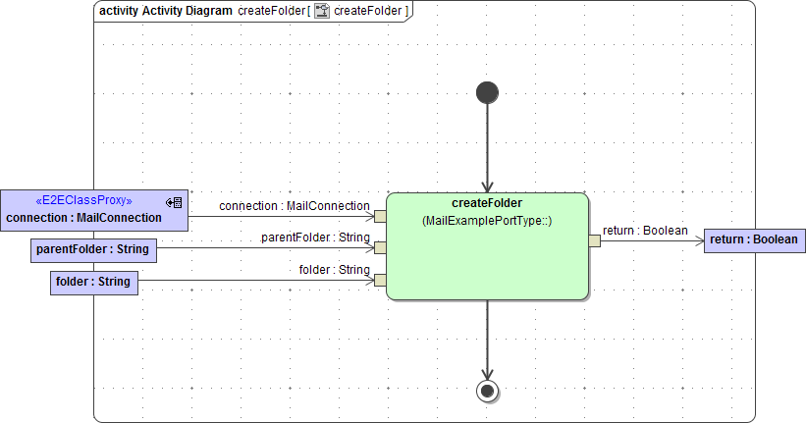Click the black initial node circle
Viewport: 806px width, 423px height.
[487, 92]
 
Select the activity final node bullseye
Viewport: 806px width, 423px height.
[487, 391]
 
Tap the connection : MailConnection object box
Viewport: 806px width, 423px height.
[93, 209]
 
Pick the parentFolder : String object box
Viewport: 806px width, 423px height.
[92, 249]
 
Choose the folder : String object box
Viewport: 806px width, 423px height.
[93, 283]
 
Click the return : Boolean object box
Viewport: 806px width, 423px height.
[753, 239]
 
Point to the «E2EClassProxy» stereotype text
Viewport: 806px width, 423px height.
[83, 200]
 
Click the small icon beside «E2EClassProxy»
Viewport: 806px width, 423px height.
[174, 202]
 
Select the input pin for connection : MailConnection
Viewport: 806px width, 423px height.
[380, 216]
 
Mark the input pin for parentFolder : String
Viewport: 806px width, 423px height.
[380, 248]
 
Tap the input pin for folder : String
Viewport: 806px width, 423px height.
[380, 281]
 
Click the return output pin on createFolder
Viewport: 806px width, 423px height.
[594, 240]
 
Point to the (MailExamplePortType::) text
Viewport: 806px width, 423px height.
[487, 221]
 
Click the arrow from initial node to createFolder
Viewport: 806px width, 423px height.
[487, 147]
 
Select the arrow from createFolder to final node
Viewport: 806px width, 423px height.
[487, 339]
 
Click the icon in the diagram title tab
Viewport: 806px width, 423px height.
[321, 11]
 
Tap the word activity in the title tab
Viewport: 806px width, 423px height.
[119, 11]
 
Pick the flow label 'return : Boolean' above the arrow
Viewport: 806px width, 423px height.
[645, 231]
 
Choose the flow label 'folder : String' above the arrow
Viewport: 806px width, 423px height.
[334, 270]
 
